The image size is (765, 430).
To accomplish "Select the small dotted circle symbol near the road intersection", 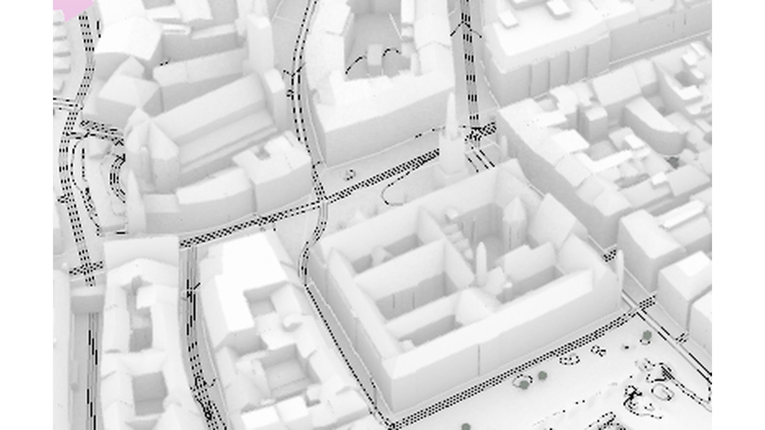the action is pyautogui.click(x=350, y=174).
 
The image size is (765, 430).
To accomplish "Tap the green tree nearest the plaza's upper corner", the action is pyautogui.click(x=646, y=335).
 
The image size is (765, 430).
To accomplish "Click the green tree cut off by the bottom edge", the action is pyautogui.click(x=465, y=427).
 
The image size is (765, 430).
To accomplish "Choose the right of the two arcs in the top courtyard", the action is pyautogui.click(x=390, y=56).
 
